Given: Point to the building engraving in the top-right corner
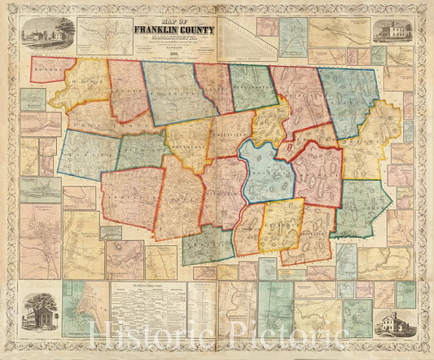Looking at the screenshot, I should point(390,32).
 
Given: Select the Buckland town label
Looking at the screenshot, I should point(143,151).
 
